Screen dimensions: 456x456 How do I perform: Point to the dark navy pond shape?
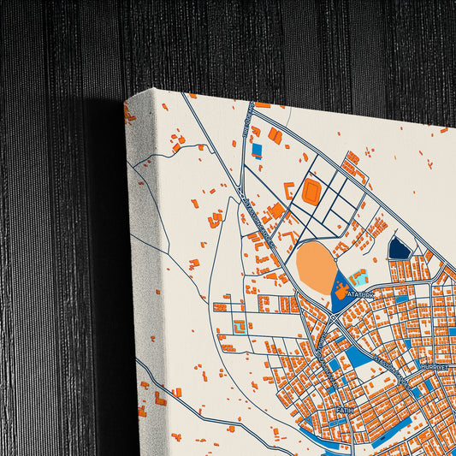[x=399, y=249]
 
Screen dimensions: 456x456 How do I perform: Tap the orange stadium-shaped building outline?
[x=311, y=192]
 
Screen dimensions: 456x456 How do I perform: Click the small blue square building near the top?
[x=257, y=149]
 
